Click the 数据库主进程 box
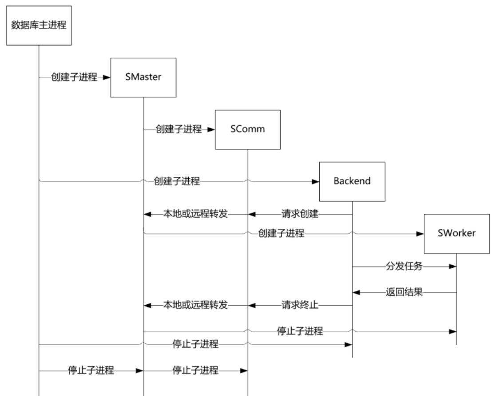coord(39,25)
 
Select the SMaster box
coord(143,77)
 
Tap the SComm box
coord(247,129)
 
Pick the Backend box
coord(352,181)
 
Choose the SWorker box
coord(457,234)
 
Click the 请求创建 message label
coord(300,214)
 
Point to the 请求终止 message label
coord(300,305)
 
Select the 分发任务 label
coord(404,266)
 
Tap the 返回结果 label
coord(404,292)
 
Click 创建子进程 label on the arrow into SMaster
coord(74,77)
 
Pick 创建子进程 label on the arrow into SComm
coord(179,129)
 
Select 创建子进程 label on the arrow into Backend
coord(177,181)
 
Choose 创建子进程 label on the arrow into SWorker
coord(281,233)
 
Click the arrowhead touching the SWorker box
coord(420,234)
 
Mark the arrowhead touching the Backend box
coord(316,182)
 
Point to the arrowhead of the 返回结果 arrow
coord(356,293)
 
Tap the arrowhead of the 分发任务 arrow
coord(453,267)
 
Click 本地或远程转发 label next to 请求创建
coord(195,214)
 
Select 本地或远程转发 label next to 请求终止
coord(195,305)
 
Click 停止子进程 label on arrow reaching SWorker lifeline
coord(300,331)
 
